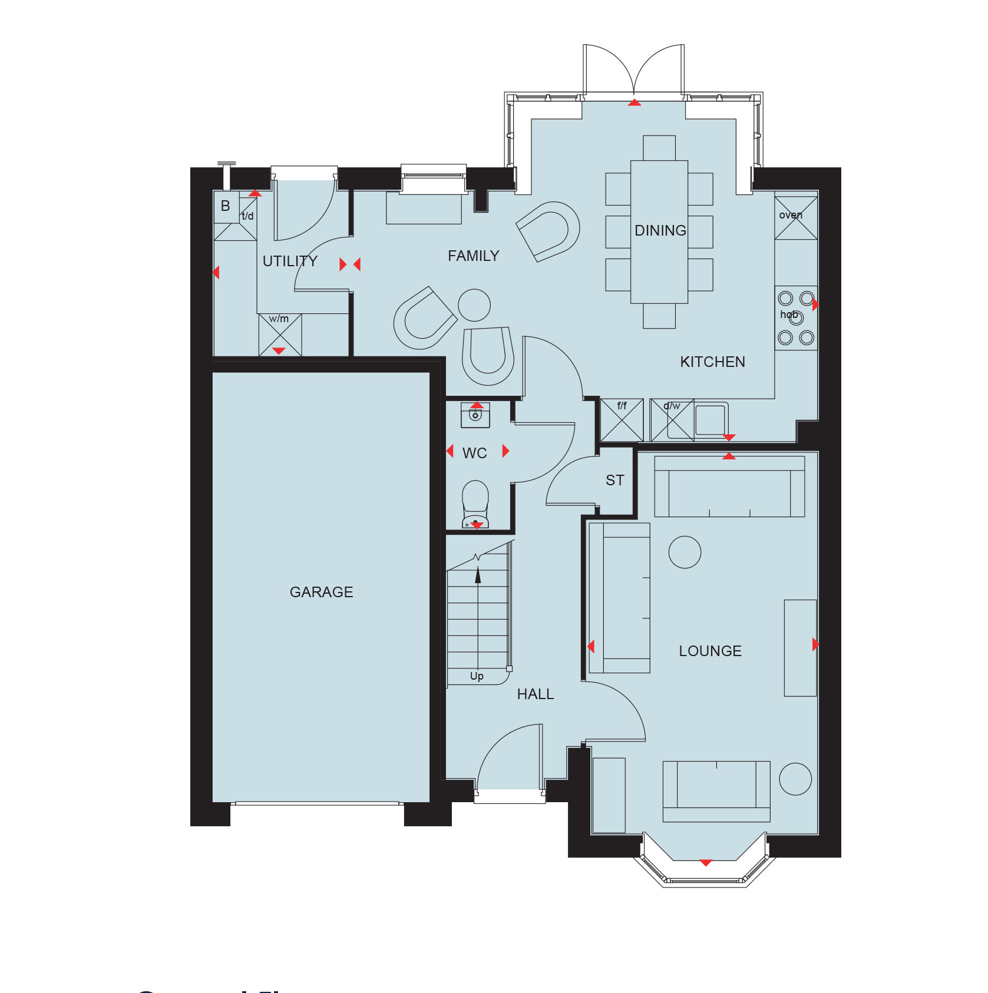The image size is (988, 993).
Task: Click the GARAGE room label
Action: click(x=321, y=592)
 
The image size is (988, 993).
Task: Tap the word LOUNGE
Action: click(x=710, y=651)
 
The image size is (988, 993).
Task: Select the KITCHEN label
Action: click(x=712, y=362)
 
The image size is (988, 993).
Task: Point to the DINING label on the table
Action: click(x=660, y=230)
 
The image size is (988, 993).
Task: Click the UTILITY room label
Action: click(x=290, y=261)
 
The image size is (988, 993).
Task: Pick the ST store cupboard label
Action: click(x=614, y=481)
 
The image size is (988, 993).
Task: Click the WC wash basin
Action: click(x=475, y=415)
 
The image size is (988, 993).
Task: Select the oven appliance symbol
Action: click(x=795, y=218)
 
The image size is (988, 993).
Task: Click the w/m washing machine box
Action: click(x=280, y=335)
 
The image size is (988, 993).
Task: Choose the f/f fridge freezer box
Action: click(x=622, y=420)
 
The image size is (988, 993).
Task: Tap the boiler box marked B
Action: click(x=226, y=206)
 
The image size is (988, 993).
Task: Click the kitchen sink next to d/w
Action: click(x=711, y=419)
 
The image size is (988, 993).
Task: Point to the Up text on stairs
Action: click(x=477, y=676)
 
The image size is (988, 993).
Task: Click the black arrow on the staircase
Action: click(x=478, y=576)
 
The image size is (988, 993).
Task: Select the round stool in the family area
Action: click(x=474, y=305)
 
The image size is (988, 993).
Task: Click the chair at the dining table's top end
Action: click(x=659, y=147)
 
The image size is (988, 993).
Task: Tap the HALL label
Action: click(x=535, y=694)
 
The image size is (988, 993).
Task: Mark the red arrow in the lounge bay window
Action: click(x=705, y=863)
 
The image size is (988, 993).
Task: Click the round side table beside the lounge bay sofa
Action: click(x=795, y=779)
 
